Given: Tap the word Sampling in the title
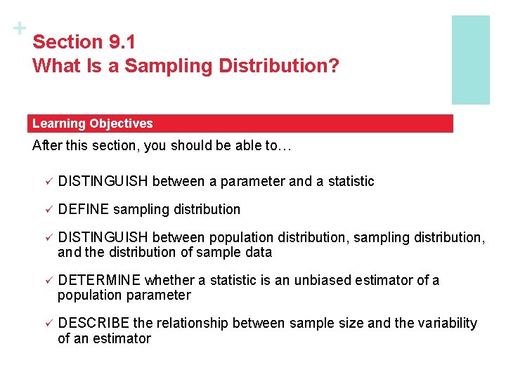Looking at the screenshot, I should click(181, 66).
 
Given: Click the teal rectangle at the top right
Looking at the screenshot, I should click(470, 60).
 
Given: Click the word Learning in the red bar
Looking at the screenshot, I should click(59, 124).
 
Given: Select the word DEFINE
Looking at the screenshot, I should click(84, 209).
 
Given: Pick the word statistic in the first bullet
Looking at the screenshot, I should click(350, 181).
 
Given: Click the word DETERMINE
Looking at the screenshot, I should click(100, 280).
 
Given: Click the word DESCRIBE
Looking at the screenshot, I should click(94, 323).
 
